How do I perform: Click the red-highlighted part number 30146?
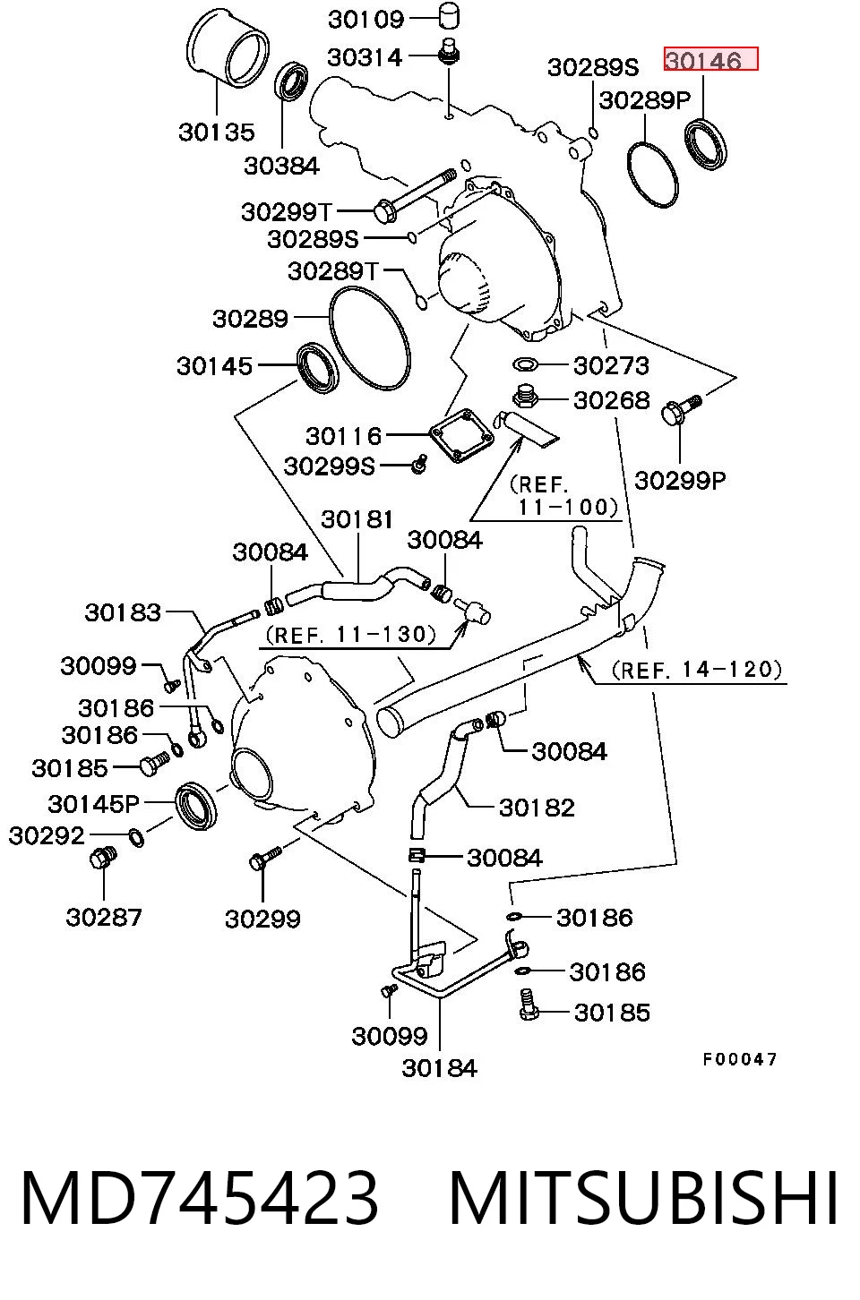point(703,60)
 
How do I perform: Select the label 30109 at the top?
point(365,20)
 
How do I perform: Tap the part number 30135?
point(217,133)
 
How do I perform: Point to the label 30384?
point(281,166)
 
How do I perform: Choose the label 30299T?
point(287,212)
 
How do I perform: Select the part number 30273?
point(611,365)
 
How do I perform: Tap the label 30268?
point(612,400)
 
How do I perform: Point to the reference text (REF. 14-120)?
point(697,670)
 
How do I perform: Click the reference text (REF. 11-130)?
point(351,634)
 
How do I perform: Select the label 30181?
point(357,519)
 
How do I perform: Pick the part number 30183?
point(123,612)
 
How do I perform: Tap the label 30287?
point(104,917)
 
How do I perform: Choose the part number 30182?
point(537,808)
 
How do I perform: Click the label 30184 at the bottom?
point(440,1068)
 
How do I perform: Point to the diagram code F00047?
point(740,1060)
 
